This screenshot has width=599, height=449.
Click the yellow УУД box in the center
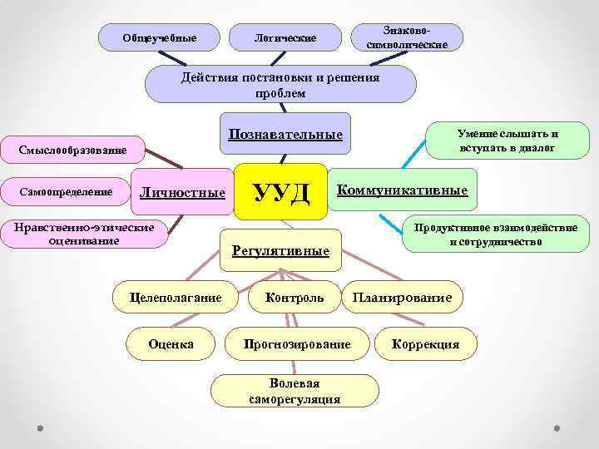click(281, 192)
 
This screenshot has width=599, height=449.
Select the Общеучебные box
click(160, 37)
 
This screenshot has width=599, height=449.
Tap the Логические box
click(285, 37)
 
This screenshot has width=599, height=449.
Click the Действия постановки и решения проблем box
click(280, 85)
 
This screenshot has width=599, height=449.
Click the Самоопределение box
click(66, 192)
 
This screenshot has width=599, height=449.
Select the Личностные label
click(183, 193)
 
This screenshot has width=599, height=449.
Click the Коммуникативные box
click(403, 190)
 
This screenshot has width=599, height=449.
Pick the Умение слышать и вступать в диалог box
click(507, 140)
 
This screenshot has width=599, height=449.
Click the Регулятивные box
click(280, 250)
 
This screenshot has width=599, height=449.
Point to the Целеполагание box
click(176, 297)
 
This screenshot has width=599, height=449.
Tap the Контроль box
click(295, 297)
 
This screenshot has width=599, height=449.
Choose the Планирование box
click(403, 297)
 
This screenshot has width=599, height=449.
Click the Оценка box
click(171, 343)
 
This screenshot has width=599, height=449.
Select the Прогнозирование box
click(297, 343)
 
